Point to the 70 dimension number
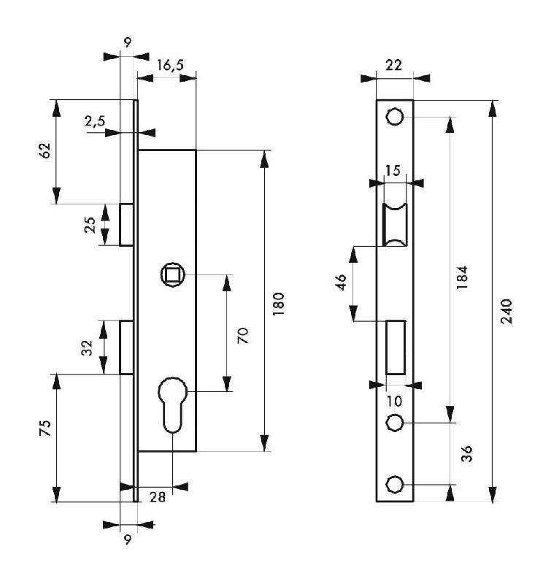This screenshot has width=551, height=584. (x=243, y=335)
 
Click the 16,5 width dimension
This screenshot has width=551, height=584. (x=169, y=65)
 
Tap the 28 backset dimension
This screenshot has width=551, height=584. (x=157, y=496)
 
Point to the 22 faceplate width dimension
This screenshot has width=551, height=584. (x=394, y=66)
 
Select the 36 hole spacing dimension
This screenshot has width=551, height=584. (x=468, y=453)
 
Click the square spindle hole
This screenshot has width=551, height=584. (x=174, y=274)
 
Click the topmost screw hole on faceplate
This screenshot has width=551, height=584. (x=395, y=117)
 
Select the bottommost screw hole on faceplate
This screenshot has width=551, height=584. (x=395, y=484)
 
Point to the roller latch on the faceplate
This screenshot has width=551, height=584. (x=395, y=225)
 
